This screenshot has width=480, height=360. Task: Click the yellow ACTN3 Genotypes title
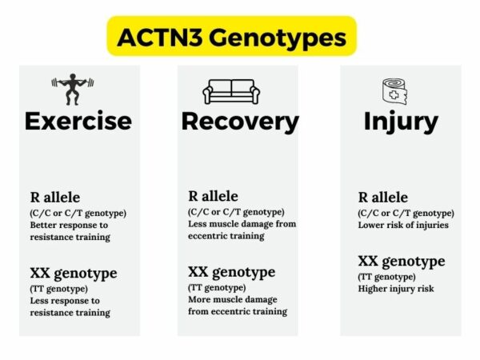tap(232, 37)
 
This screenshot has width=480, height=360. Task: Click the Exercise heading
tap(78, 121)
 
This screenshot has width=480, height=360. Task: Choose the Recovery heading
tap(240, 121)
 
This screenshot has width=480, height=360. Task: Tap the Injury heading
tap(401, 121)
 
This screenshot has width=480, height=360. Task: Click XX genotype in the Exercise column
tap(74, 273)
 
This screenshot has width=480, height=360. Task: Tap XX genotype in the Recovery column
tap(233, 272)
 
